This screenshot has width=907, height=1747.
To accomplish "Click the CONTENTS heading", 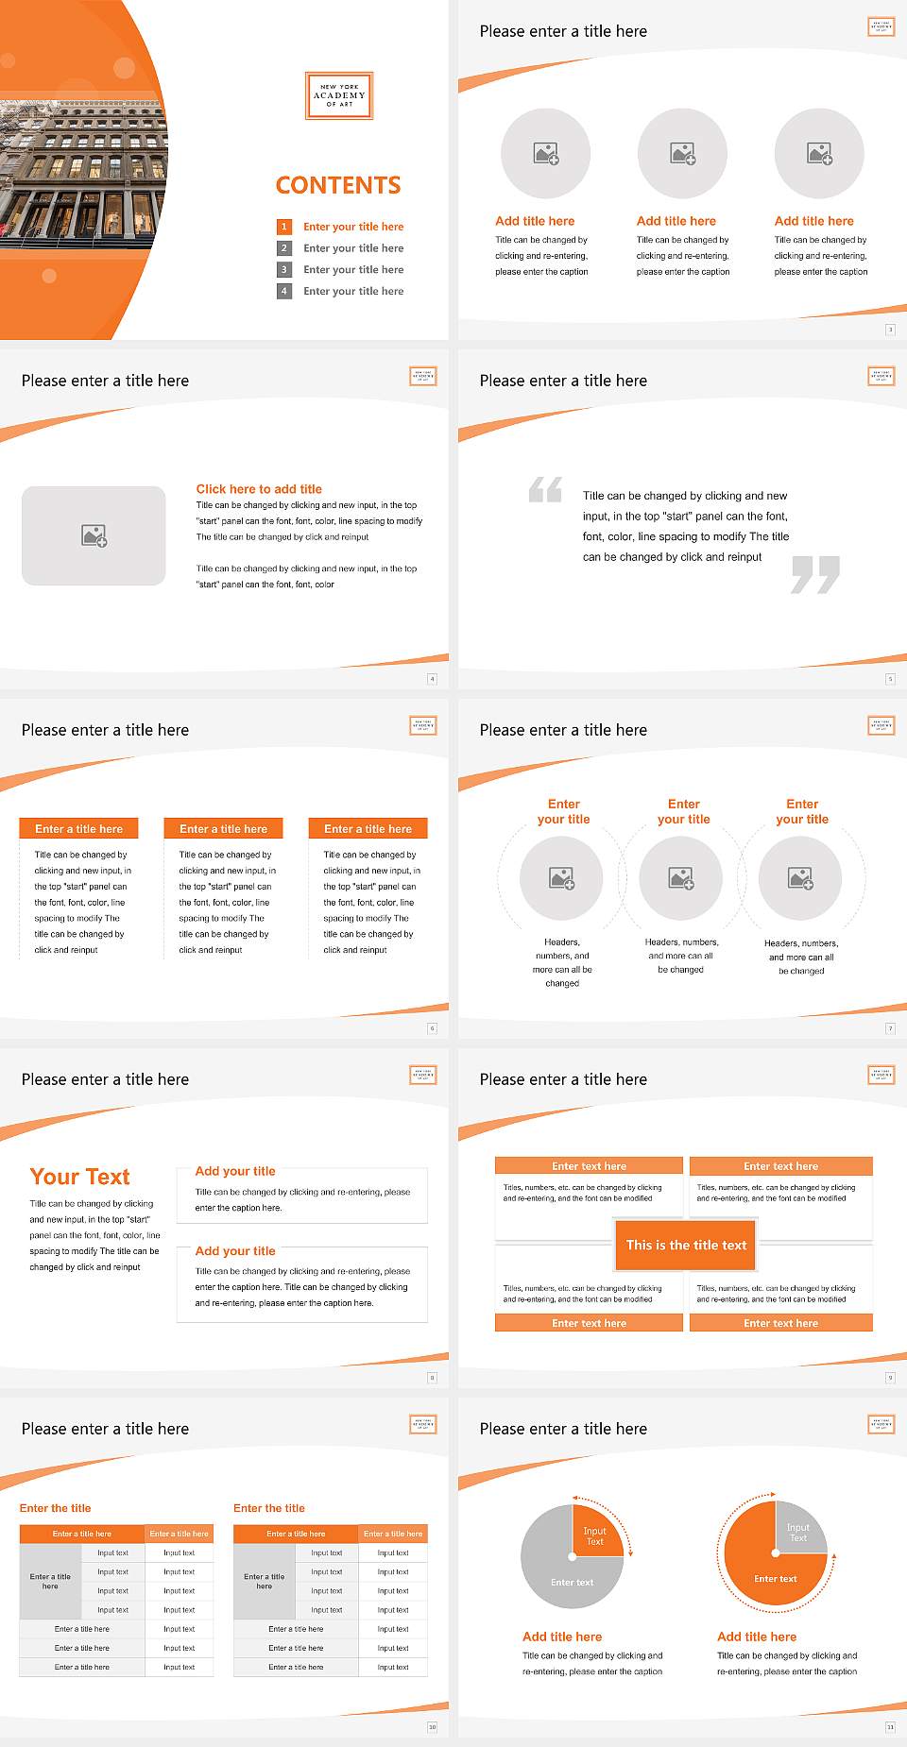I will [338, 185].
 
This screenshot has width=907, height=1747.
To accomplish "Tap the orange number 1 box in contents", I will [283, 227].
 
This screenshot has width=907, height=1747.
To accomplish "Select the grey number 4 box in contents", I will [283, 291].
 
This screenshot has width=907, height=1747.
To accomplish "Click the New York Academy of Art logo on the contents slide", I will [339, 95].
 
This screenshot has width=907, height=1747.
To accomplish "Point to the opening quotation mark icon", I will [545, 489].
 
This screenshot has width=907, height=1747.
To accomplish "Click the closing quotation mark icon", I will [815, 574].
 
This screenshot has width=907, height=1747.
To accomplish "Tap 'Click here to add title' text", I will [259, 489].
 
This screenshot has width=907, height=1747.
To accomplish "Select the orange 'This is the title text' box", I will [686, 1245].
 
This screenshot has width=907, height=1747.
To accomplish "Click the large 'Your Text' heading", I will [79, 1177].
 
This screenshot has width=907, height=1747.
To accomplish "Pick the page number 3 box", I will [890, 330].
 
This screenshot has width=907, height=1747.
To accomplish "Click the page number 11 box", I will [890, 1727].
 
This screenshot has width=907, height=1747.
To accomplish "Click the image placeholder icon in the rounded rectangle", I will [94, 536].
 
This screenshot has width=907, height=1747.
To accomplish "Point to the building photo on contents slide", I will [80, 170].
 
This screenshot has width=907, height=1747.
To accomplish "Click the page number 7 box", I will [890, 1028].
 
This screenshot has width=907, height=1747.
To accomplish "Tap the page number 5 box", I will [890, 679].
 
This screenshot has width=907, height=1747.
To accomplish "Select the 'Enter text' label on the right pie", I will [775, 1579].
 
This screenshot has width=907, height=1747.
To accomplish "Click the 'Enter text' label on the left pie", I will [572, 1583].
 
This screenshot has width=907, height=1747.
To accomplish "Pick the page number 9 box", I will [890, 1378].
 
